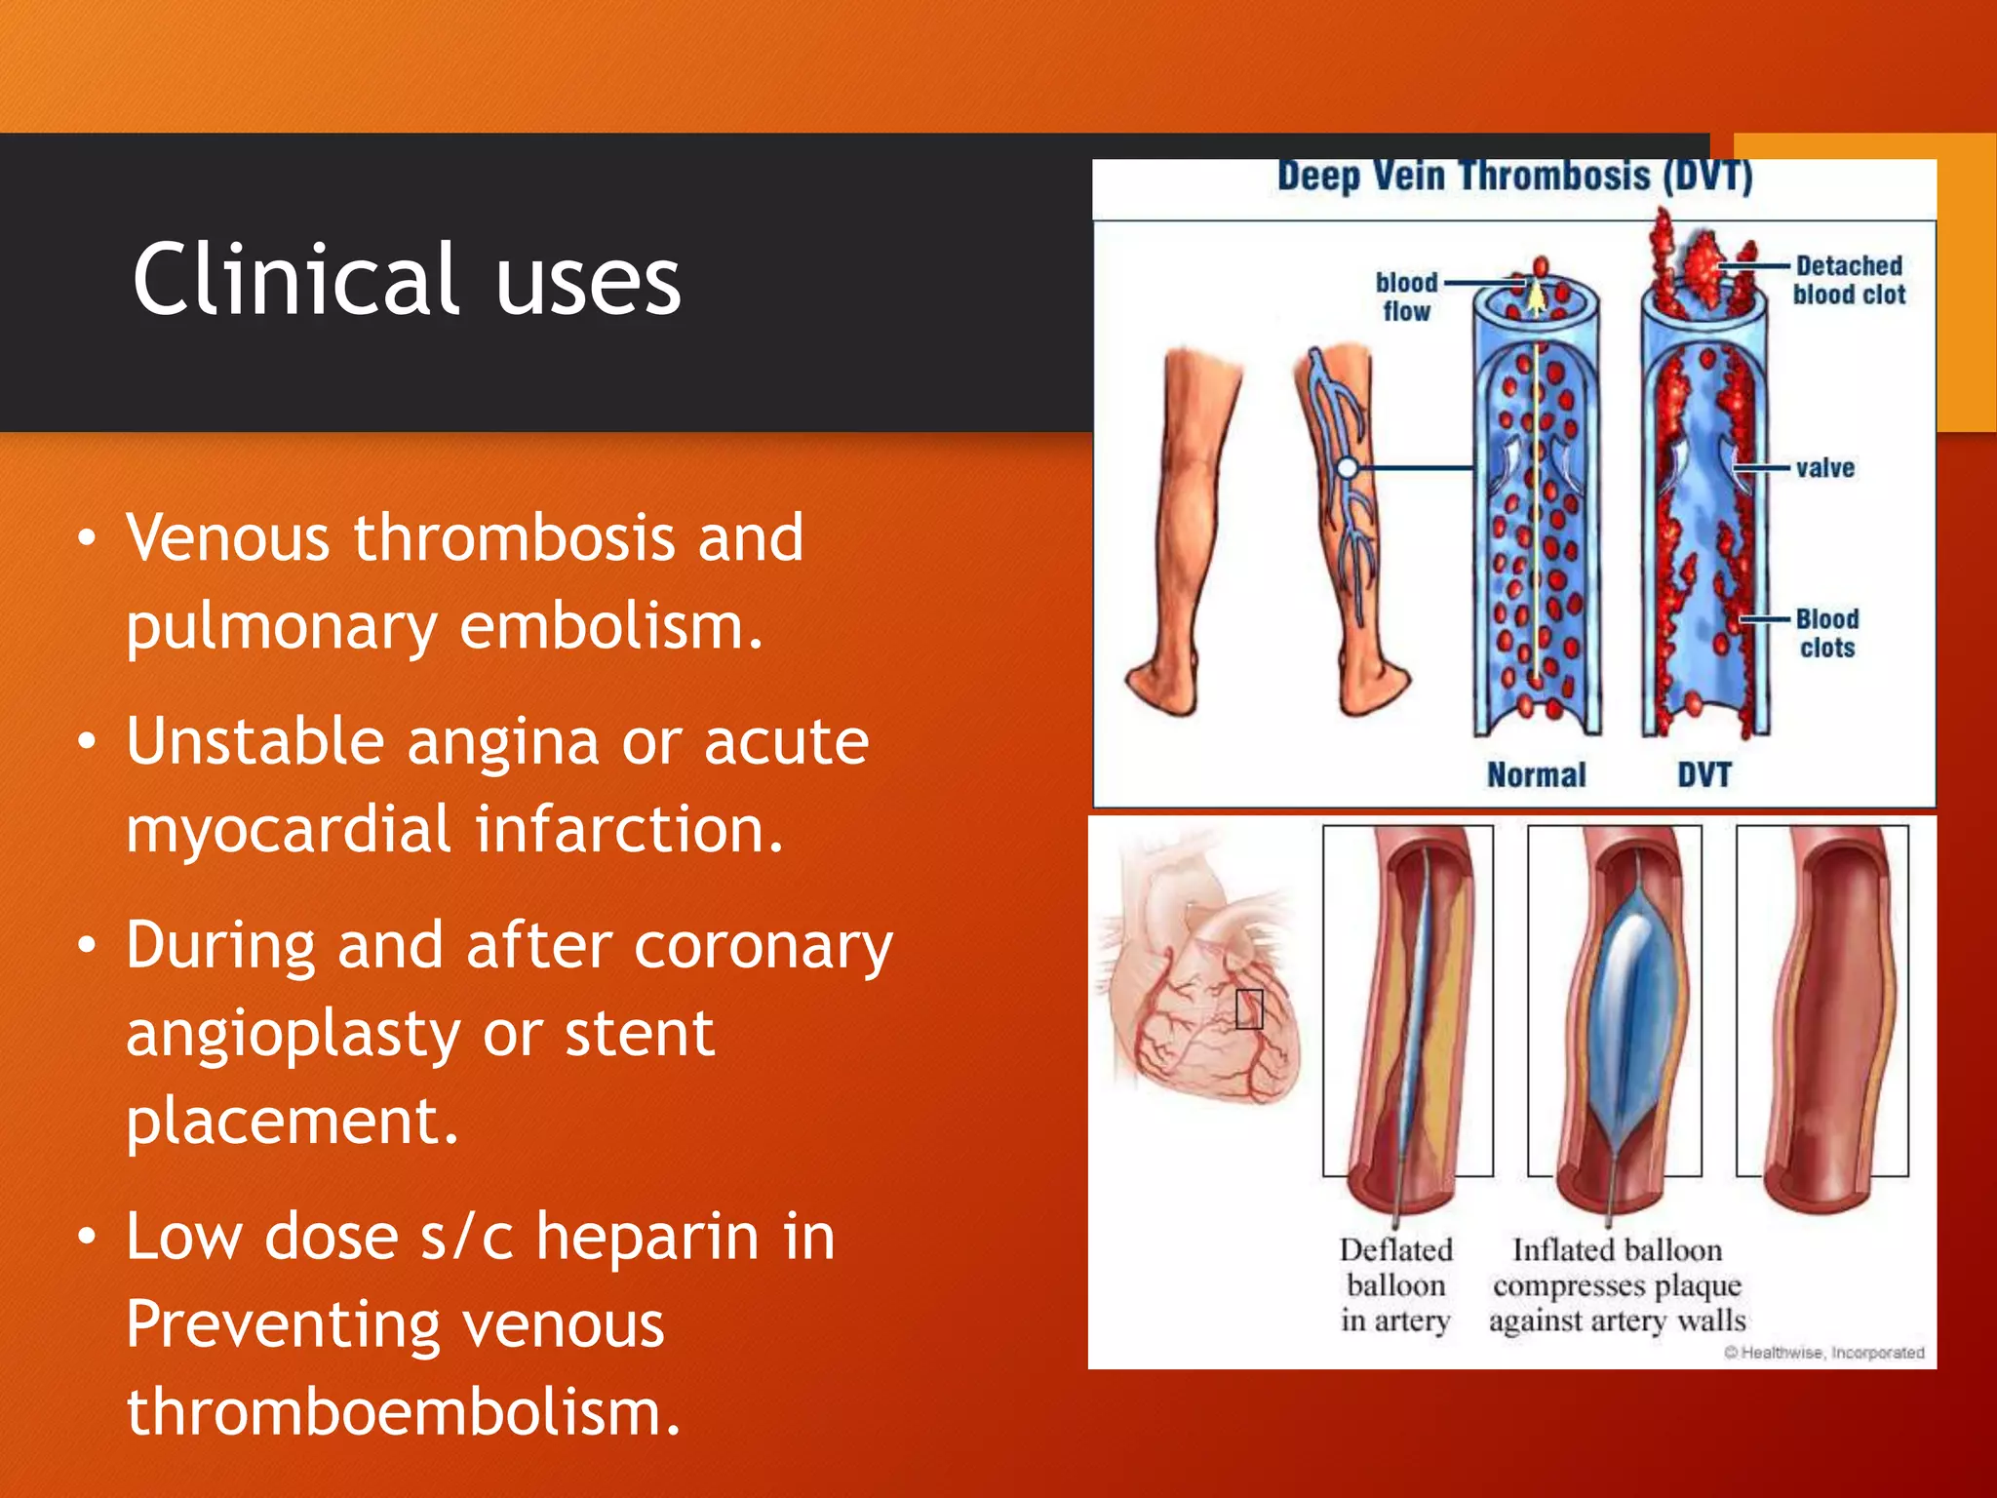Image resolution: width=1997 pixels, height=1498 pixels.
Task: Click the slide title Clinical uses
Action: point(406,280)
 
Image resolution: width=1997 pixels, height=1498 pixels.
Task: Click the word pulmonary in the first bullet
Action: point(281,627)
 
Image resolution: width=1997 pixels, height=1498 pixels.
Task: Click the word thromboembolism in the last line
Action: point(403,1412)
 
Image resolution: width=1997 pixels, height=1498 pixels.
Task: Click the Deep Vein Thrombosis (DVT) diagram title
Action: point(1514,177)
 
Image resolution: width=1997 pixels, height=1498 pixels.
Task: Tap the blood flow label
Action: point(1406,297)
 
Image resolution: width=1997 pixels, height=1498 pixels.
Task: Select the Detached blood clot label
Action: point(1849,280)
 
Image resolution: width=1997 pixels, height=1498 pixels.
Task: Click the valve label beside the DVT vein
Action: point(1824,468)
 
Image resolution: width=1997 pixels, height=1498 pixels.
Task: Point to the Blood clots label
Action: point(1827,634)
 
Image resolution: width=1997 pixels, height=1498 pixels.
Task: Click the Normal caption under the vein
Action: point(1536,775)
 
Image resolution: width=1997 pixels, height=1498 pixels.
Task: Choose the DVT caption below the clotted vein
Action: point(1703,775)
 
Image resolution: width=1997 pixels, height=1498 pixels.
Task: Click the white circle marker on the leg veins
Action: point(1348,468)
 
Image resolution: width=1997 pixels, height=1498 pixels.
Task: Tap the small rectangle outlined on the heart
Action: point(1249,1008)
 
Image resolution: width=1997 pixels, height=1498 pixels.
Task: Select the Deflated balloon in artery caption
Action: point(1395,1285)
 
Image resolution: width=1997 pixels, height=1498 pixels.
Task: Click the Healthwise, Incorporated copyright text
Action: point(1823,1353)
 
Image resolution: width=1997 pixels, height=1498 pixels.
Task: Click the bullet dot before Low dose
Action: point(88,1238)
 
